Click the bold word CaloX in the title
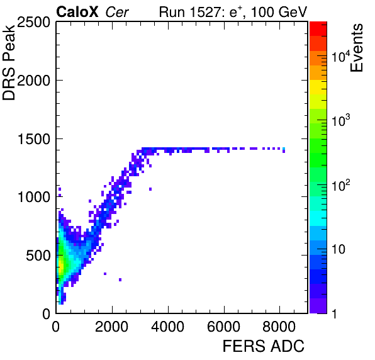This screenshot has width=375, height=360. point(77,12)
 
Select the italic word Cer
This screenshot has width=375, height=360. point(116,12)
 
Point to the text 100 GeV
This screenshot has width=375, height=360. point(278,12)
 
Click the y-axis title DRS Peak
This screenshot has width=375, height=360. point(9,62)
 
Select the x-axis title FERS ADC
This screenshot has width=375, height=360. point(263,346)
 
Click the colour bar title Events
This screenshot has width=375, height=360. point(356,48)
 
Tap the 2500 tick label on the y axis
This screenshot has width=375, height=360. point(33,23)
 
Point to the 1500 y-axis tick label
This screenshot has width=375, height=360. point(34,139)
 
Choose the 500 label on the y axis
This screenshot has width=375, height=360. point(38,256)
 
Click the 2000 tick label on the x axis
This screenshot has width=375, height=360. point(111,326)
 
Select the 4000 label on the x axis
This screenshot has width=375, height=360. point(167,326)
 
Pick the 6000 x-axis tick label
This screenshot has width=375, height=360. point(223,326)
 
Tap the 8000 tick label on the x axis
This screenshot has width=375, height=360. point(279,326)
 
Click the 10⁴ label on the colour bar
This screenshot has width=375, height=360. point(341,56)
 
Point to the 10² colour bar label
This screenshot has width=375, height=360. point(341,185)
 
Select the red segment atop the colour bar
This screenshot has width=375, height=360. point(318,29)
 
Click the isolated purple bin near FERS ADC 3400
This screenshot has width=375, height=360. point(150,189)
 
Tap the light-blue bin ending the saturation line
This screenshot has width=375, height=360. point(284,149)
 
